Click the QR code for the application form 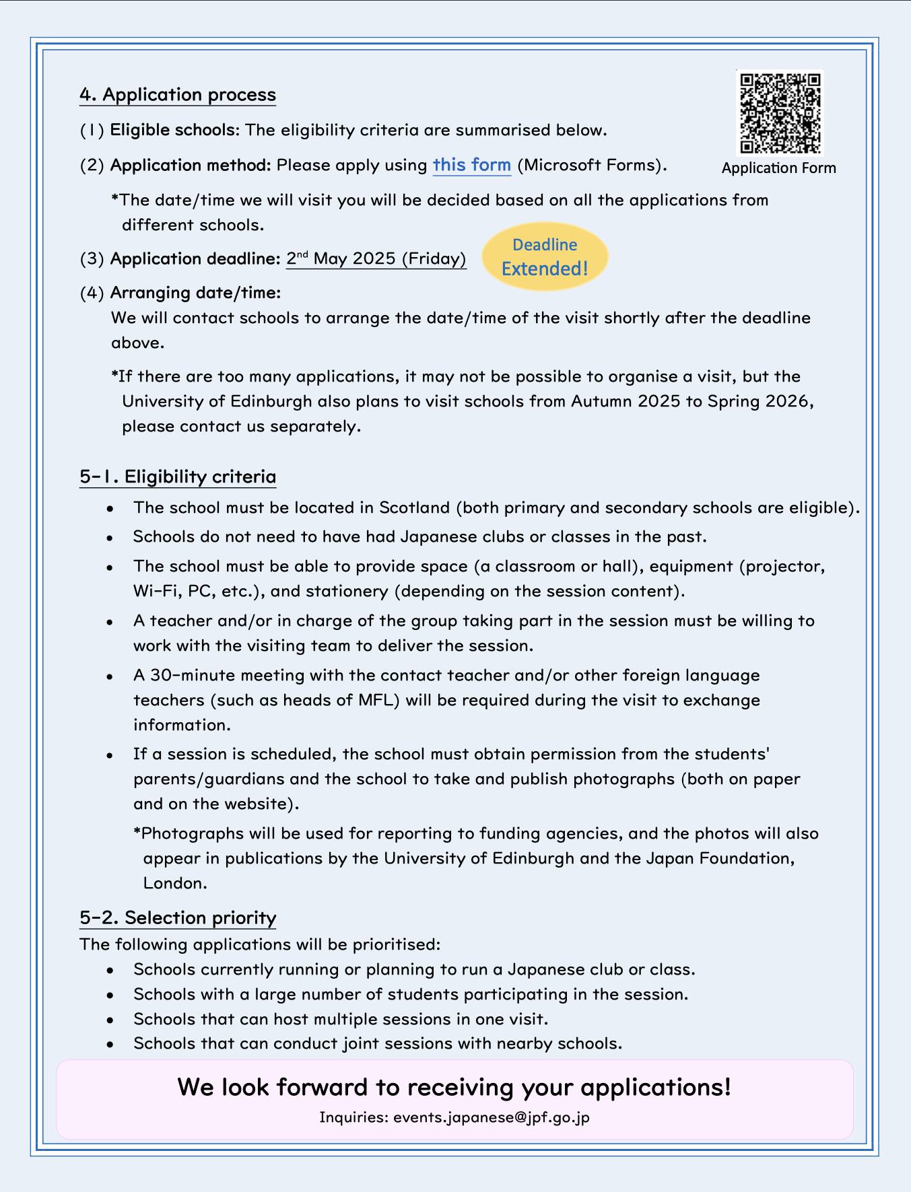point(780,112)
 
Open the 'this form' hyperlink point(471,165)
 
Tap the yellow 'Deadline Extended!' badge point(545,257)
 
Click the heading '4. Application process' point(178,94)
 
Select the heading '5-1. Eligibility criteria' point(178,477)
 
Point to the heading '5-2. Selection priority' point(178,917)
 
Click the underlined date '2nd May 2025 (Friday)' point(376,258)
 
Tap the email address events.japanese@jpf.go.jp point(491,1117)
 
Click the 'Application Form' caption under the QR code point(778,168)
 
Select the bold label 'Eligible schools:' point(174,130)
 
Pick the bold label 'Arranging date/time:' point(195,293)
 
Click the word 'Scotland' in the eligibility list point(414,507)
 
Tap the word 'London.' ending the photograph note point(175,883)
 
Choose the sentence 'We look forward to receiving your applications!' point(454,1087)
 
